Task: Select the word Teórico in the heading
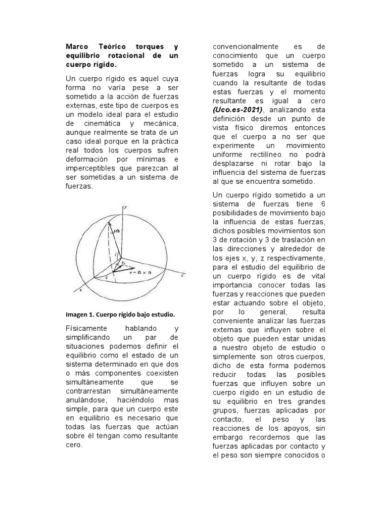(115, 46)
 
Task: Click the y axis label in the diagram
(125, 207)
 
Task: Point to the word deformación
(89, 159)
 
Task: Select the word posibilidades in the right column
(237, 214)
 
